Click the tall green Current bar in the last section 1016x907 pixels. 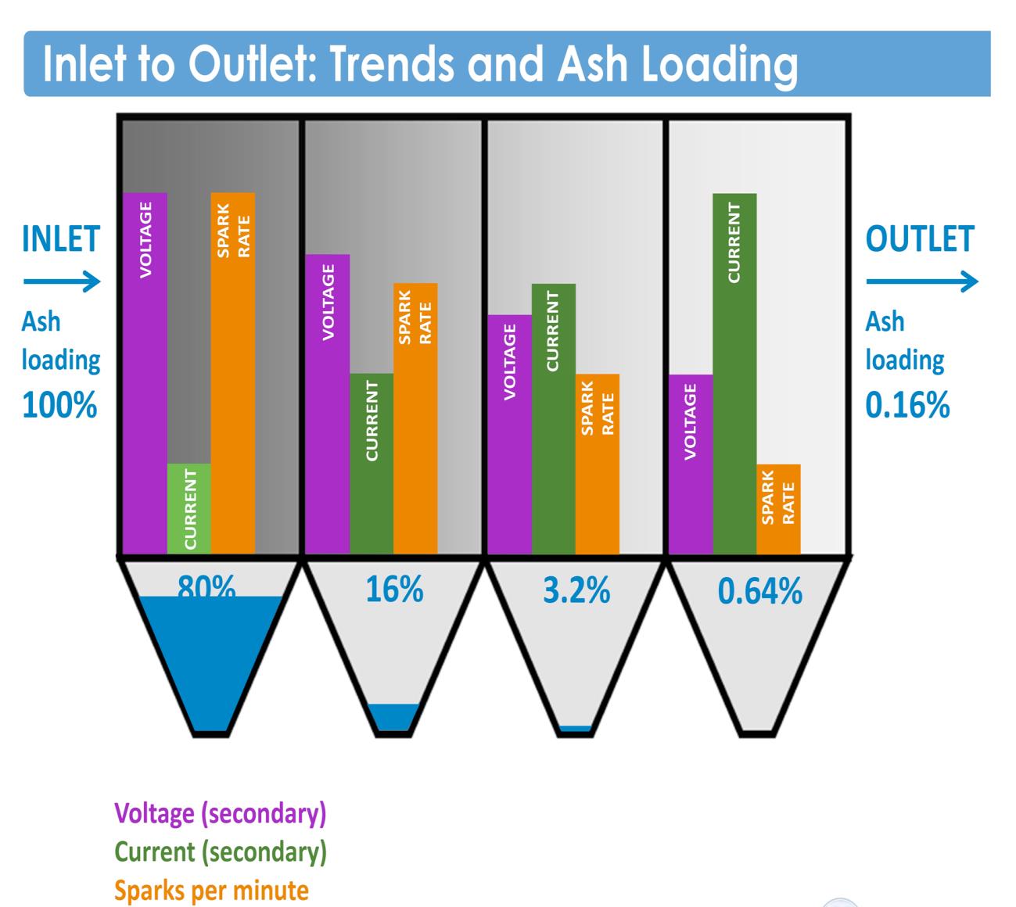pos(734,374)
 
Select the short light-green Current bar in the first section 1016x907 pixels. pos(189,508)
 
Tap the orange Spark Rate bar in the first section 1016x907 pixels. pos(233,374)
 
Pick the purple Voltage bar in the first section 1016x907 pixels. pos(145,374)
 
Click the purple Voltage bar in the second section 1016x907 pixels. pos(328,404)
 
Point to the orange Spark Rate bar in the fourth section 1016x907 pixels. pos(778,509)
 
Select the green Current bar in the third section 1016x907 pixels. pos(553,419)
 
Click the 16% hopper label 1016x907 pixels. pos(394,590)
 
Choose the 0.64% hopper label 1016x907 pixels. pos(759,592)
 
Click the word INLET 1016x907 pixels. pos(61,239)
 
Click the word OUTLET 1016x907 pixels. pos(920,239)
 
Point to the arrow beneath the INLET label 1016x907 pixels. pos(62,281)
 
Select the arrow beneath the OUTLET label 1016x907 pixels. pos(921,281)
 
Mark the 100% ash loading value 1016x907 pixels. pos(60,405)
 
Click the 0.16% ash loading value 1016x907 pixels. pos(907,405)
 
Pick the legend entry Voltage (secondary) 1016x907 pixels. pos(221,814)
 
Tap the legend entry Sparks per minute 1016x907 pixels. pos(211,890)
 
